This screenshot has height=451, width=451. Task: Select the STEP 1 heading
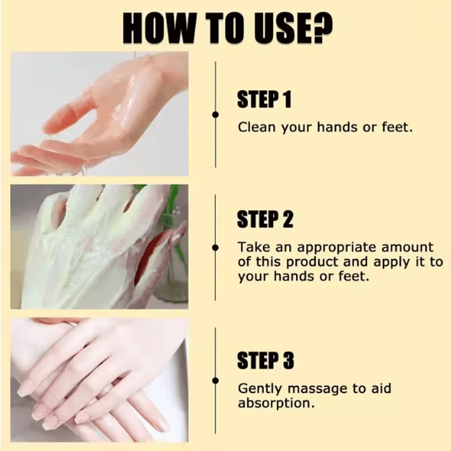pos(264,100)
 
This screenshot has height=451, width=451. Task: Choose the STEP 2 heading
pos(265,219)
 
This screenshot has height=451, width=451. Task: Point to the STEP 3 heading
pos(265,361)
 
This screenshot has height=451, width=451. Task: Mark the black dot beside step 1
pos(215,114)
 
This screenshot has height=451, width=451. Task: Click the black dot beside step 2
pos(215,247)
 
